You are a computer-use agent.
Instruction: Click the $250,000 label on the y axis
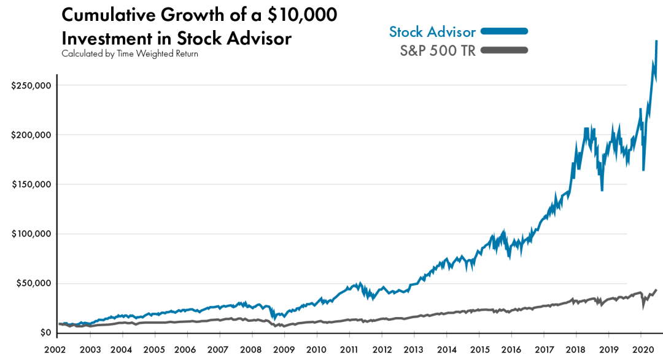tap(31, 85)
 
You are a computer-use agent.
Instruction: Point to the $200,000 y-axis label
tap(31, 135)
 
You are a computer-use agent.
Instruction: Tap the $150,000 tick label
tap(31, 184)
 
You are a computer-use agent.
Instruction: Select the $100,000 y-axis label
tap(31, 234)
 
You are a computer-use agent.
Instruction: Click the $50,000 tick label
tap(33, 283)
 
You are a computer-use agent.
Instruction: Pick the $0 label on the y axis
tap(45, 333)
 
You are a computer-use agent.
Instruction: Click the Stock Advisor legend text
tap(432, 32)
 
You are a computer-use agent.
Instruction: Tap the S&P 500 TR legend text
tap(438, 50)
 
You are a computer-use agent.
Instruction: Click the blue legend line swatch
tap(504, 31)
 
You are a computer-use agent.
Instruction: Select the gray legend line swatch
tap(504, 50)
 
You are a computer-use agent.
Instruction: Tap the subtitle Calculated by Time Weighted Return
tap(130, 53)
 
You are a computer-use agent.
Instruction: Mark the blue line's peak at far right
tap(656, 42)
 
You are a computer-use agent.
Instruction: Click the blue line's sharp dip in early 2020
tap(643, 170)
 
